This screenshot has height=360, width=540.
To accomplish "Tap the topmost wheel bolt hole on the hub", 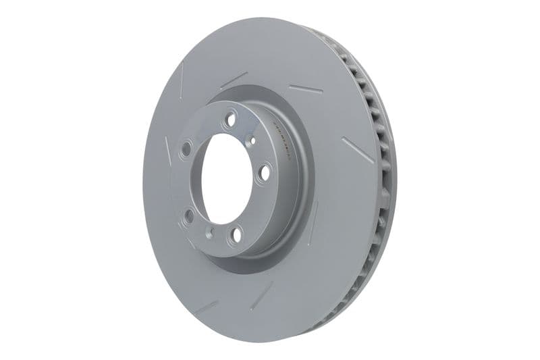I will coord(230,119).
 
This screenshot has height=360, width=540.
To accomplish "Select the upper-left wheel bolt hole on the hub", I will coord(185,149).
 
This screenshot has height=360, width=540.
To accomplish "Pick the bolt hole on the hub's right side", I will coord(265,172).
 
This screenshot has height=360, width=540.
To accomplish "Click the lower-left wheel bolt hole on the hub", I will coord(189,216).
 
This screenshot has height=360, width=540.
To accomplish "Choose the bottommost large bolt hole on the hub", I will coord(236,235).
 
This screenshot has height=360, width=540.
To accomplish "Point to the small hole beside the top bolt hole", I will coord(250,140).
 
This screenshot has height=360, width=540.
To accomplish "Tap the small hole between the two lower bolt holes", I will coord(209,232).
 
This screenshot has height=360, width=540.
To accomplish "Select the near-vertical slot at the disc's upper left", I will coord(182,79).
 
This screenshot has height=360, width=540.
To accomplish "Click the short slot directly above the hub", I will coord(234,80).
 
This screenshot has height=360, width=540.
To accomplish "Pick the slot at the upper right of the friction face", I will coord(305,89).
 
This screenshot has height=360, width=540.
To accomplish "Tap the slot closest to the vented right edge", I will coord(358,149).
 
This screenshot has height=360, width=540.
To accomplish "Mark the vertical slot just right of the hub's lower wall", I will coord(313,223).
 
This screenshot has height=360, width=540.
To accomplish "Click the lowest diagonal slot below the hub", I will coord(262,295).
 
